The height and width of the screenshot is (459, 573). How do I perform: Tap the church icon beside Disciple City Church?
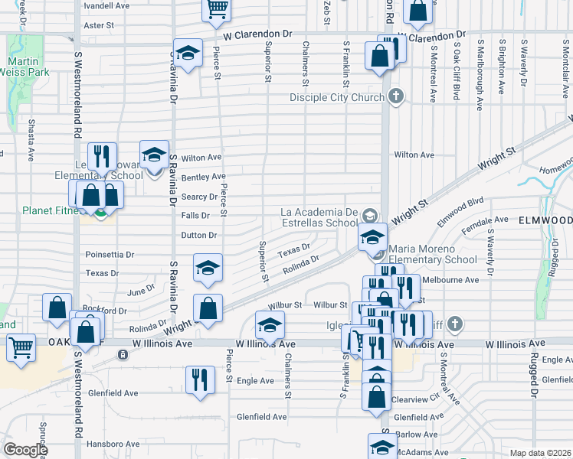click(395, 97)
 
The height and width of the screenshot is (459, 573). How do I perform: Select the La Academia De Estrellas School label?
click(319, 217)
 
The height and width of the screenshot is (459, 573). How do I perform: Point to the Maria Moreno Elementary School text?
click(433, 254)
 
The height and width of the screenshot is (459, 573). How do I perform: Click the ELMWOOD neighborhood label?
click(545, 219)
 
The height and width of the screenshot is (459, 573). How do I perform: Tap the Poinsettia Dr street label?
click(110, 255)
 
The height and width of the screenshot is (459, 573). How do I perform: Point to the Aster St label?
click(98, 25)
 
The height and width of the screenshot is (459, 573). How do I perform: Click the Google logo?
click(25, 449)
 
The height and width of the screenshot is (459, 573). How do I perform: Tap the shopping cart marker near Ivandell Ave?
click(217, 8)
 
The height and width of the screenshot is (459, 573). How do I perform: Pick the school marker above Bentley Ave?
click(154, 155)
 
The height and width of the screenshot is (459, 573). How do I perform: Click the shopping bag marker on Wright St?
click(208, 308)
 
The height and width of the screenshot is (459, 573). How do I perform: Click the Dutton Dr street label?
click(199, 236)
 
